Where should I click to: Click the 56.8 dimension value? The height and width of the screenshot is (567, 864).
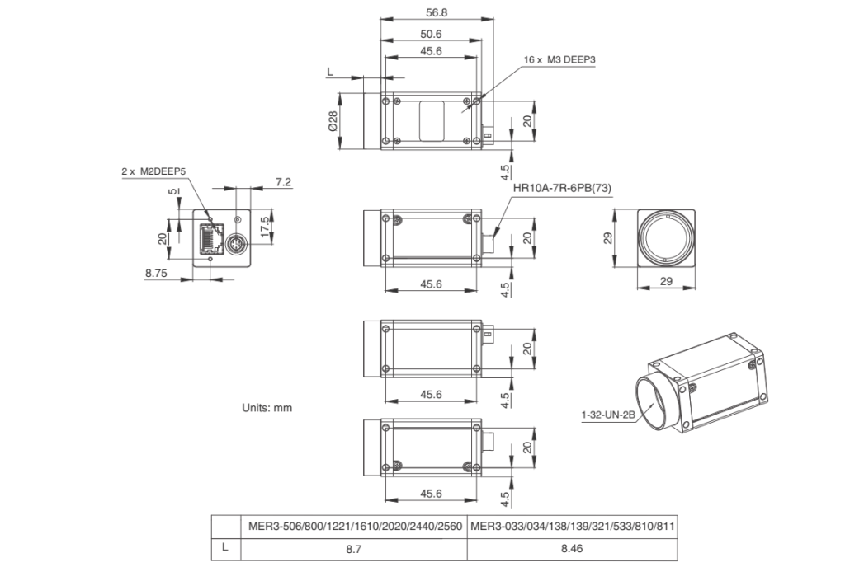[436, 12]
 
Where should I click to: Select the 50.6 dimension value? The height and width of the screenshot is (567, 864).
[431, 34]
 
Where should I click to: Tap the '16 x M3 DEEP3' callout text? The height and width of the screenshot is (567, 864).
[559, 59]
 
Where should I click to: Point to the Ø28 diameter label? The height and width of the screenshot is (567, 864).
[333, 121]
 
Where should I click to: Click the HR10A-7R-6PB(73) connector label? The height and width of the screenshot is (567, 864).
[562, 188]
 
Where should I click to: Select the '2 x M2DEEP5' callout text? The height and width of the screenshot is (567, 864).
[153, 171]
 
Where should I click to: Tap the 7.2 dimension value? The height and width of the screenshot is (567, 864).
[283, 181]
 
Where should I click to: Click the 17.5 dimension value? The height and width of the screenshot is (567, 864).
[266, 227]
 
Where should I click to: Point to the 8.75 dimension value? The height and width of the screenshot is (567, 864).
[156, 273]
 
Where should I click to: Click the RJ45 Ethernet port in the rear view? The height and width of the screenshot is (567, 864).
[210, 238]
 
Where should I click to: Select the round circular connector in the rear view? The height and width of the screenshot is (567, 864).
[236, 243]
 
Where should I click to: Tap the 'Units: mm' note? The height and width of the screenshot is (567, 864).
[267, 408]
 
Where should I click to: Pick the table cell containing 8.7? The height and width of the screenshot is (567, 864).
[354, 549]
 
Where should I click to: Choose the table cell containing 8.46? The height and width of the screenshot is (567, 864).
[572, 549]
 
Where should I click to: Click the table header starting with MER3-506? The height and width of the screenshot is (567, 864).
[355, 527]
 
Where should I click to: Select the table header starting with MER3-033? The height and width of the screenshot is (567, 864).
[573, 527]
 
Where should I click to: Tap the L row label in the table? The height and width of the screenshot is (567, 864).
[224, 547]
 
